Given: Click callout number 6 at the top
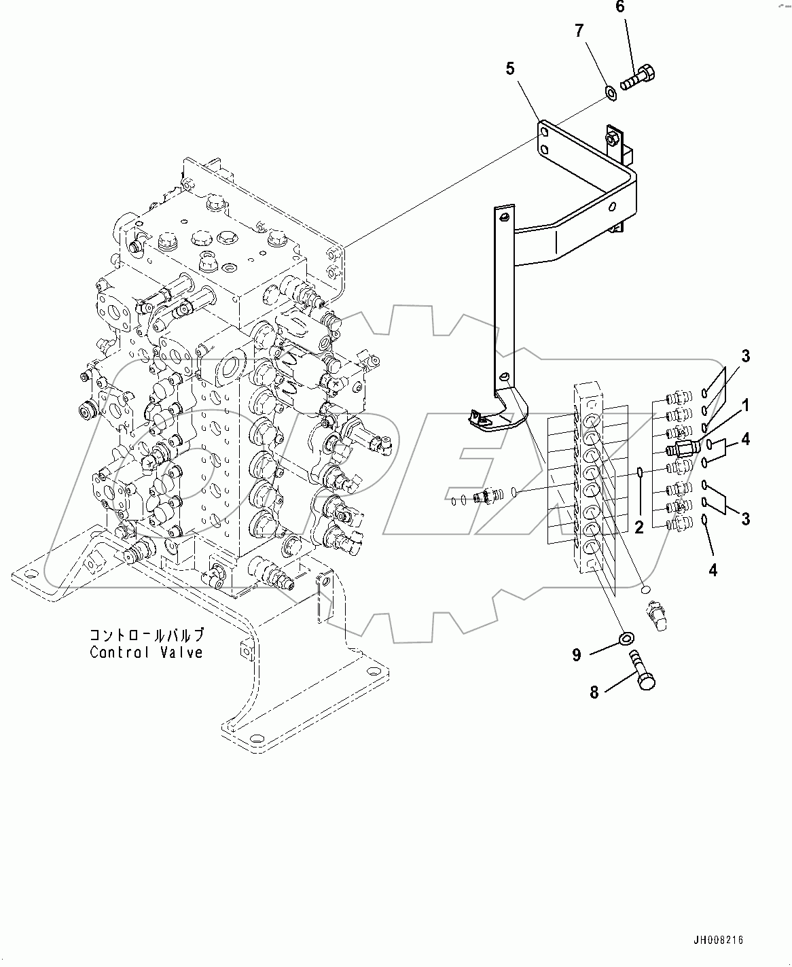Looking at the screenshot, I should tap(619, 8).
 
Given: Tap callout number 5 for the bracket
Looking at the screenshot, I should tap(509, 69).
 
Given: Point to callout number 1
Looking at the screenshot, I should tap(745, 406).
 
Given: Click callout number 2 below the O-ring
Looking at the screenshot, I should tap(638, 527).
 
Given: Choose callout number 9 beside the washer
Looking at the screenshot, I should tap(577, 654).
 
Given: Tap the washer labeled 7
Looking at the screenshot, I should tap(610, 91).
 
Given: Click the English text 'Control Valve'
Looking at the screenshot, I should tap(146, 652).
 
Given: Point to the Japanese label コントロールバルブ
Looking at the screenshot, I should tap(146, 635).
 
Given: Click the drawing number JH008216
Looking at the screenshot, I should tap(718, 940).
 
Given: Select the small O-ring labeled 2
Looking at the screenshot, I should tap(640, 472).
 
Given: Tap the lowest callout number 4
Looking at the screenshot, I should tap(713, 570).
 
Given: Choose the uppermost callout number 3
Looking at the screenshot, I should tap(745, 356).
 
